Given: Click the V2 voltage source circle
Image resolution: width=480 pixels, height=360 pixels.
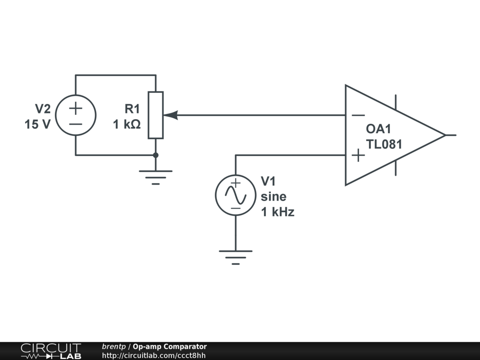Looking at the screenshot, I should click(75, 115).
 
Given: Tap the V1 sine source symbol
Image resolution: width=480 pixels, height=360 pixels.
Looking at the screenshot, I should click(235, 195).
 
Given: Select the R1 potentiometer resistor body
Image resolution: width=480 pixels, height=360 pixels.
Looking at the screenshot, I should click(156, 115).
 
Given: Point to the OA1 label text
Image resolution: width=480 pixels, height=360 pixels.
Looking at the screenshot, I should click(378, 129).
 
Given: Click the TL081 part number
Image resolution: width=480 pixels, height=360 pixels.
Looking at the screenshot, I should click(384, 144).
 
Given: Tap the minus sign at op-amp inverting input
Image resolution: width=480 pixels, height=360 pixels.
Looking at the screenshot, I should click(358, 115).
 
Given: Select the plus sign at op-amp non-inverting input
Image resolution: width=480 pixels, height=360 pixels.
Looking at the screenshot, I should click(358, 155).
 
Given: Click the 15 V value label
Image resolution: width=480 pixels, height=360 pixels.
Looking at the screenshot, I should click(37, 125).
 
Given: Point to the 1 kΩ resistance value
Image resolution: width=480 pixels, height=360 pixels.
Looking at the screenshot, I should click(127, 125).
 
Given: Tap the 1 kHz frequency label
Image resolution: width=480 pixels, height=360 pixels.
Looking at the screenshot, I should click(277, 212).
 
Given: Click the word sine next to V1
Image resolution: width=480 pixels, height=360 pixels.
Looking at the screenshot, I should click(273, 196).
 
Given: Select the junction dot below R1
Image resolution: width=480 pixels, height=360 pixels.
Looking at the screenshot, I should click(156, 155).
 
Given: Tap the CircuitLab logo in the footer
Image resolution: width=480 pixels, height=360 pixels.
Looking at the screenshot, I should click(51, 351).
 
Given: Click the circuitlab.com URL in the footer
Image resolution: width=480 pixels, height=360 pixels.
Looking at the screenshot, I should click(154, 355).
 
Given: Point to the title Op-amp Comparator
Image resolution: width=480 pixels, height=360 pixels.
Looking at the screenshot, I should click(170, 347).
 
